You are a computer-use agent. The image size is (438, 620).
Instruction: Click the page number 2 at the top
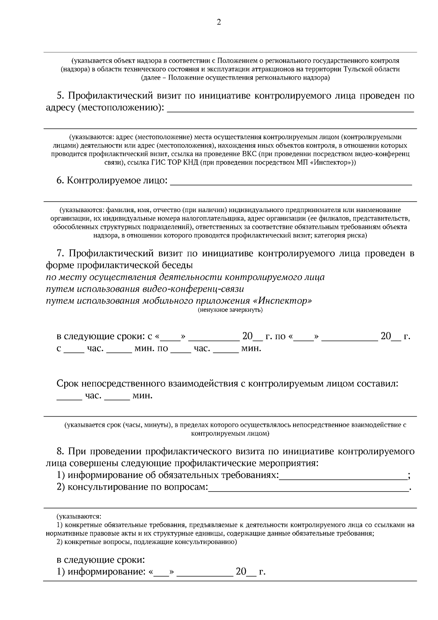[219, 22]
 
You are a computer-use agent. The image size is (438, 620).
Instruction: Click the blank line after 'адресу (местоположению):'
[290, 110]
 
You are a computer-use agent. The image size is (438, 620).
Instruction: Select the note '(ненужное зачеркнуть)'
[230, 310]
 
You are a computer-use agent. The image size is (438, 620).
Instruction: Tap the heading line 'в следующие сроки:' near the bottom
[101, 560]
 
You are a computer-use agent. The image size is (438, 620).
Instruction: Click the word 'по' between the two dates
[280, 336]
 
